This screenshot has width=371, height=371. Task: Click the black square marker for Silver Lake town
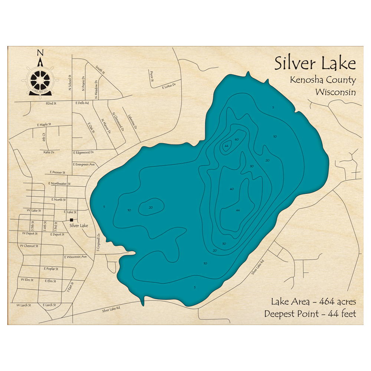point(71,220)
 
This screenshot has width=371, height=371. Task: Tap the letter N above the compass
point(40,53)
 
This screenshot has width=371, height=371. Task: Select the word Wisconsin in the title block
point(336,92)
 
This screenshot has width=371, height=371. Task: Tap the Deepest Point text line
point(310,314)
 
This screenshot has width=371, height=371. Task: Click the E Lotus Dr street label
point(168,87)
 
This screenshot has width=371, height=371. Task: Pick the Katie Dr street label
point(49,152)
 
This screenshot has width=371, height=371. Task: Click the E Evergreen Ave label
point(84,164)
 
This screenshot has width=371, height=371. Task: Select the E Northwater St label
point(59,184)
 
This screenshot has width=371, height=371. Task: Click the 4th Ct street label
point(44,137)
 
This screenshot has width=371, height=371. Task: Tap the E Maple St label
point(44,124)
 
